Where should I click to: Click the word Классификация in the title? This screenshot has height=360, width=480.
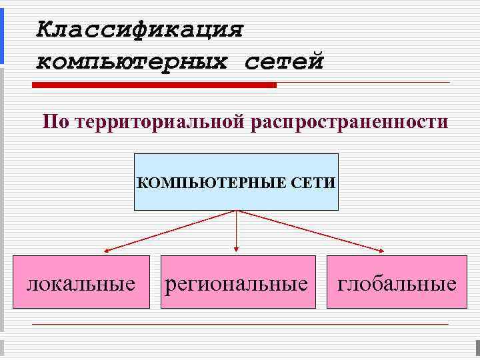[140, 30]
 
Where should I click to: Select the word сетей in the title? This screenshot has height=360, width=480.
[283, 61]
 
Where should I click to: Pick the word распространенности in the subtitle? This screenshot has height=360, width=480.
[349, 122]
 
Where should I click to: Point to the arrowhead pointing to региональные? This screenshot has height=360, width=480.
[237, 251]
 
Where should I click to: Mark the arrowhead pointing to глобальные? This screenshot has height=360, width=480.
[381, 251]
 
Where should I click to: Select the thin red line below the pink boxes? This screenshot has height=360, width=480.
[240, 324]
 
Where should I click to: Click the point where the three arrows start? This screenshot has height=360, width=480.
[237, 211]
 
